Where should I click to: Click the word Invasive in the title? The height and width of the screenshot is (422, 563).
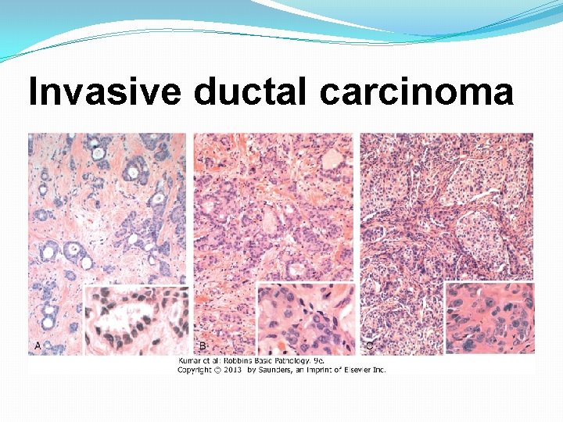tap(105, 93)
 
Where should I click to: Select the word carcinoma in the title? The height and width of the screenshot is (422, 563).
tap(416, 93)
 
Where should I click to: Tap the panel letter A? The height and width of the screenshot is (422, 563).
tap(38, 345)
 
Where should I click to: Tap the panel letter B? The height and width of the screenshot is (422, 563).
tap(202, 345)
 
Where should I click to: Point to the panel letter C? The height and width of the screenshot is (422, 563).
tap(369, 345)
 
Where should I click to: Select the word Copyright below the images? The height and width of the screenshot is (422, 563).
tap(196, 369)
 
